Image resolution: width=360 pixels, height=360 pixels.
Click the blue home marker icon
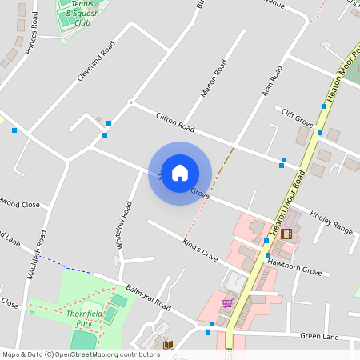pyautogui.click(x=180, y=173)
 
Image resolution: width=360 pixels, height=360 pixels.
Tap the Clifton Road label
pyautogui.click(x=176, y=122)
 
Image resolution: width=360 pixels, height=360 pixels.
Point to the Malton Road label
pyautogui.click(x=214, y=78)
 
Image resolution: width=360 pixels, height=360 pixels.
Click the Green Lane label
pyautogui.click(x=321, y=337)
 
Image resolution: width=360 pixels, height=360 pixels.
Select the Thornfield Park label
pyautogui.click(x=86, y=318)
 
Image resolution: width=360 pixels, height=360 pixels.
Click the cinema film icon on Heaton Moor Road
pyautogui.click(x=286, y=234)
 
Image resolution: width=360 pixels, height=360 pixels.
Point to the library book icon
pyautogui.click(x=168, y=345)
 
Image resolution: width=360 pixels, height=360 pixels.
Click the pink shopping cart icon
pyautogui.click(x=229, y=303)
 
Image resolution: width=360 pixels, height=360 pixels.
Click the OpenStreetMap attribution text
pyautogui.click(x=82, y=354)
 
